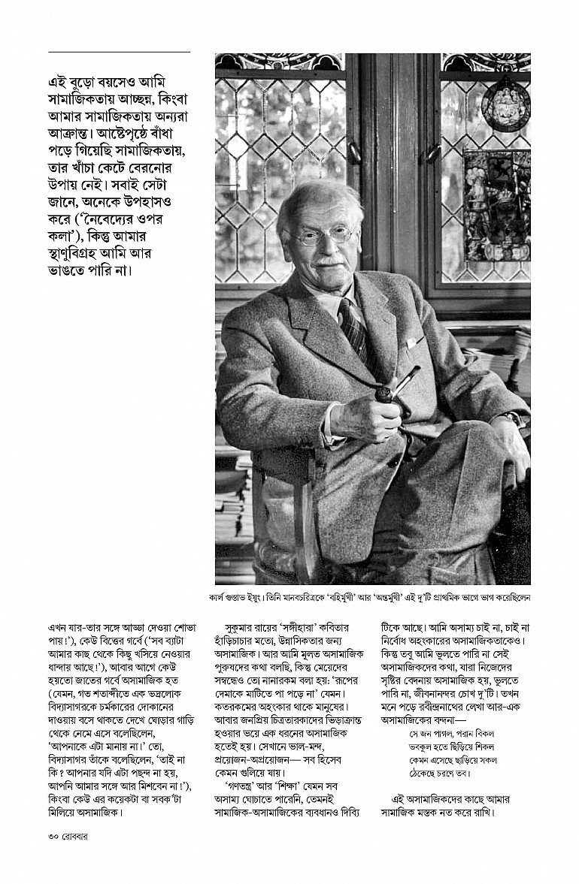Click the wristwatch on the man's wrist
pyautogui.click(x=513, y=418)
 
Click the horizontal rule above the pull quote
pyautogui.click(x=119, y=52)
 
